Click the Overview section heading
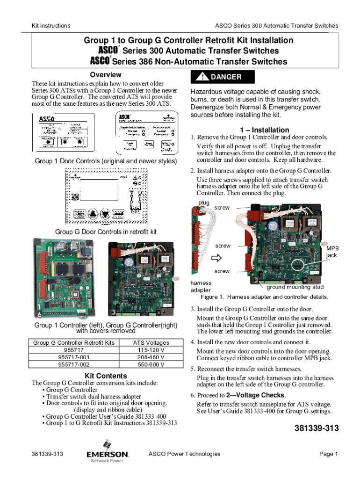[x=106, y=75]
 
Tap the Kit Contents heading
[x=106, y=376]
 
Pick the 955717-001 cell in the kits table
[x=74, y=357]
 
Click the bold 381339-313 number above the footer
[x=316, y=428]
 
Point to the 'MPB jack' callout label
[x=332, y=252]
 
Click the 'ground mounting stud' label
[x=295, y=287]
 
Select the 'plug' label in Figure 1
[x=204, y=202]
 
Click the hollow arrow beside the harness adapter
[x=217, y=258]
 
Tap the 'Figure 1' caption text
[x=264, y=297]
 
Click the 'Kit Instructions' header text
[x=51, y=26]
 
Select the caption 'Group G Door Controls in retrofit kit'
[x=106, y=232]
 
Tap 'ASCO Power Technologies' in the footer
[x=184, y=454]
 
